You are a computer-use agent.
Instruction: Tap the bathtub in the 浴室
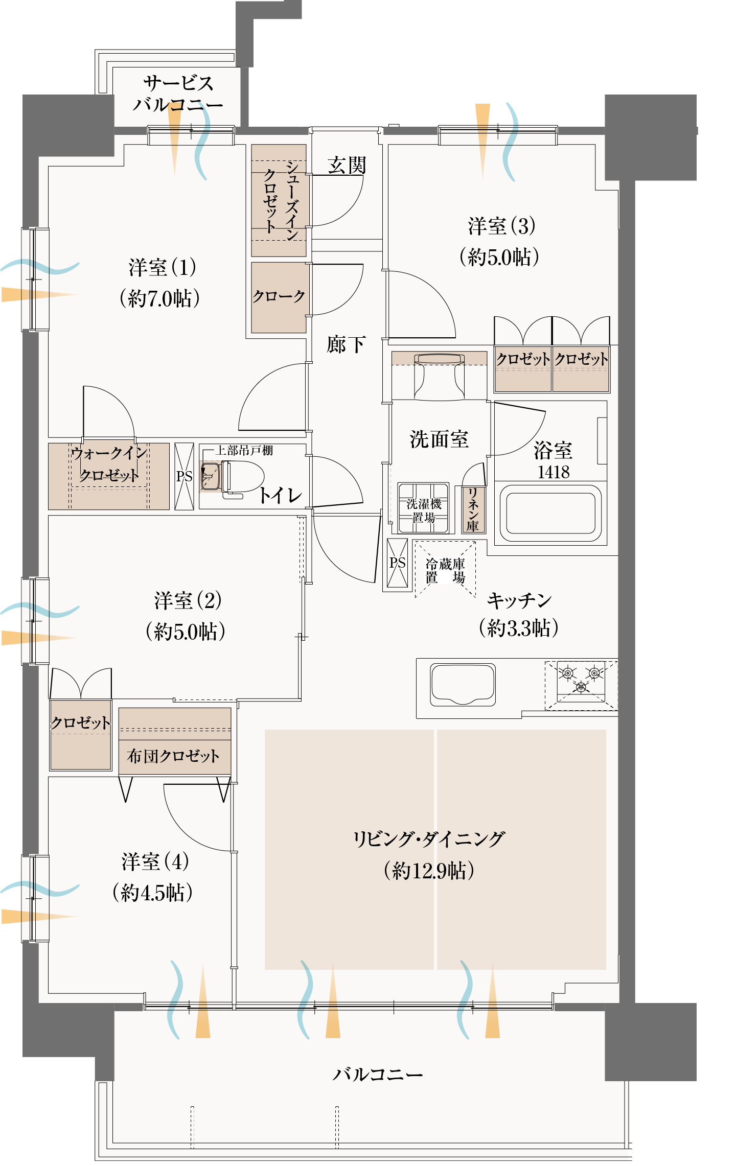[x=550, y=513]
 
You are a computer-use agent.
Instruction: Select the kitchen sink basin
[x=463, y=684]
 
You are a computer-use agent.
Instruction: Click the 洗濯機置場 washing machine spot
[x=423, y=508]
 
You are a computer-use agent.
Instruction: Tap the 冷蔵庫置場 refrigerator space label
[x=445, y=571]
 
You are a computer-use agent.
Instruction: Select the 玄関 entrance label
[x=347, y=166]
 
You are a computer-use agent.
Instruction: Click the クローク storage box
[x=279, y=297]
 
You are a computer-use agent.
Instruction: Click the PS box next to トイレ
[x=184, y=476]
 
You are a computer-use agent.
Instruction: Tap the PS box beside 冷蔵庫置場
[x=397, y=563]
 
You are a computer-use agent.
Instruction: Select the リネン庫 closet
[x=473, y=509]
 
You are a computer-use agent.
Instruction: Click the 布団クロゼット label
[x=173, y=756]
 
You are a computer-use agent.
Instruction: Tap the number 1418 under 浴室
[x=553, y=472]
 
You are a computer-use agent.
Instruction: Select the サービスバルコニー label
[x=177, y=94]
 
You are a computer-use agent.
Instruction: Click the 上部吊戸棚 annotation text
[x=244, y=450]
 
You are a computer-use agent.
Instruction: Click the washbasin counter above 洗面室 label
[x=439, y=376]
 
